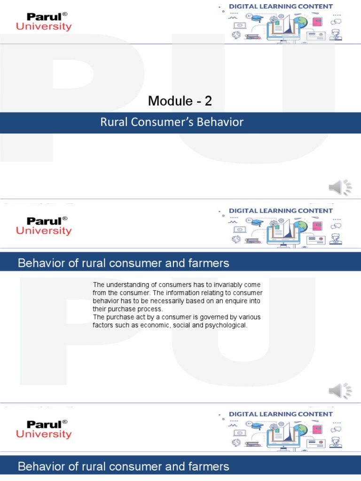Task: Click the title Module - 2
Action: [x=177, y=100]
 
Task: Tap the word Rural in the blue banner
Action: [x=113, y=123]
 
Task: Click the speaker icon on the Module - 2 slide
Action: [x=340, y=187]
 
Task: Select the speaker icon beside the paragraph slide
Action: [x=340, y=391]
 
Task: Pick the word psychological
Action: [x=224, y=325]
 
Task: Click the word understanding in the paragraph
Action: [x=126, y=285]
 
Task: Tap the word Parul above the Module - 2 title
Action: [x=44, y=17]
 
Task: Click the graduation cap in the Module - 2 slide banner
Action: [x=257, y=18]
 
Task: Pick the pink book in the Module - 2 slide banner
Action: [x=317, y=22]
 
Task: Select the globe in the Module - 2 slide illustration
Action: [x=301, y=22]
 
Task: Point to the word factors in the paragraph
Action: [x=102, y=325]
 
